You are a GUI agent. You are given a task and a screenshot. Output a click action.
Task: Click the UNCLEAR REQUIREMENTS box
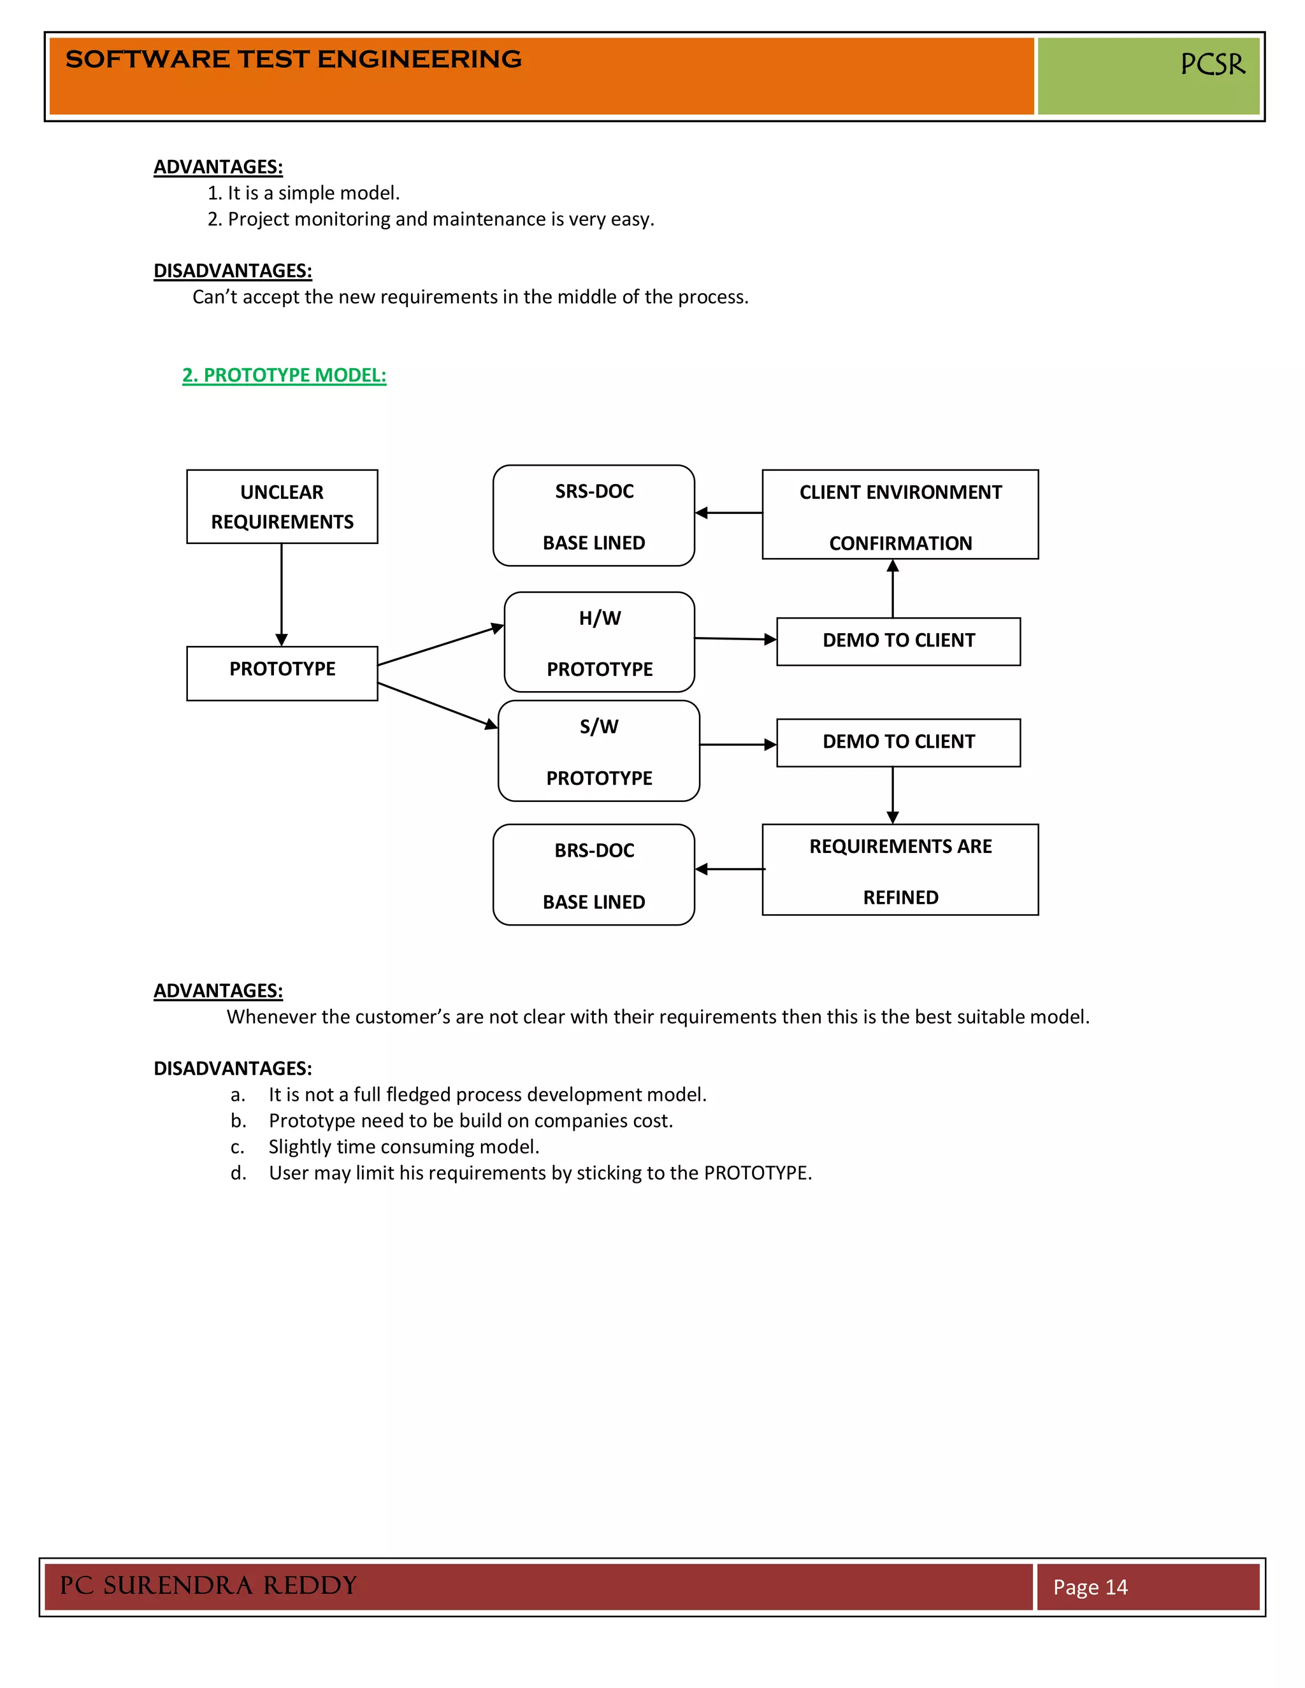[282, 506]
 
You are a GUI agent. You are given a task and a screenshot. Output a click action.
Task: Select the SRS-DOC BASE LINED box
[594, 515]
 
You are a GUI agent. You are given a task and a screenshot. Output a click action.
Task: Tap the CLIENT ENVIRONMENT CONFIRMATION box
[900, 515]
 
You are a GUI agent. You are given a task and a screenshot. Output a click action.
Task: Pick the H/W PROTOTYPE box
[599, 642]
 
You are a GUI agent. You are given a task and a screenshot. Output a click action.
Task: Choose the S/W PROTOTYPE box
[599, 751]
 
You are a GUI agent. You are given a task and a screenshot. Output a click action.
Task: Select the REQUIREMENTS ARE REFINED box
[900, 870]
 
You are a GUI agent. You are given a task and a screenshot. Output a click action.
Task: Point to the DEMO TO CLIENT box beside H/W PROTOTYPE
[898, 641]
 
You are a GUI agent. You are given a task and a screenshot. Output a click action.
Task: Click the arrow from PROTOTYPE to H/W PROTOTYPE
[441, 645]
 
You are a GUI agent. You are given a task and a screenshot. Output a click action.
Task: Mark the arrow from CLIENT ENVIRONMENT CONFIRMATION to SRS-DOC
[728, 512]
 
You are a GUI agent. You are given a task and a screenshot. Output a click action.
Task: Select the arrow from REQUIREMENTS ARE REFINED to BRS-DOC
[729, 869]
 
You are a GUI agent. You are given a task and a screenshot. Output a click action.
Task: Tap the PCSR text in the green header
[1212, 64]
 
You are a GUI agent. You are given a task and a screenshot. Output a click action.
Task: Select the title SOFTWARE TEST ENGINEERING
[293, 59]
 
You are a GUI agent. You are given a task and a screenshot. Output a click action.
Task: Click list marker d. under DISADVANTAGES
[238, 1173]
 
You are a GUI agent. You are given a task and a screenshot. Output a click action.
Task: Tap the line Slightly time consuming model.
[403, 1147]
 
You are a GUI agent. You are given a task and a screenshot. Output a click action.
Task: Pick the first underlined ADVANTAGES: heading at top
[218, 167]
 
